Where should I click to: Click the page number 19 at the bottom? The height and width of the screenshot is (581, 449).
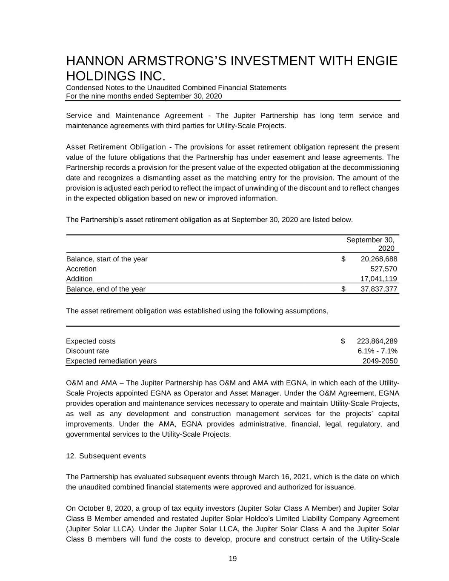click(232, 559)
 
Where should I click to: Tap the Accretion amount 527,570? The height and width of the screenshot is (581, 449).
click(384, 269)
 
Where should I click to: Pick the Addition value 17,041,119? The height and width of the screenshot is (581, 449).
click(379, 279)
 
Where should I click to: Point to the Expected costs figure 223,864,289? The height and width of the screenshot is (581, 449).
click(377, 341)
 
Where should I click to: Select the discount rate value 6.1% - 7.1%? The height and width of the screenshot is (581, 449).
click(378, 351)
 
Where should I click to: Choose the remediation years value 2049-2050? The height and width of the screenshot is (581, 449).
click(380, 361)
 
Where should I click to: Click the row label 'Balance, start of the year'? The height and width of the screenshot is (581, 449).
click(107, 259)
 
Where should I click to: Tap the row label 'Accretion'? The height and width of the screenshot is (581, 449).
click(81, 269)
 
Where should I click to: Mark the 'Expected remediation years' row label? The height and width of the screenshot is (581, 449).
click(111, 361)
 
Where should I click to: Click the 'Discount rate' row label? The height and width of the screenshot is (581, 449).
click(87, 351)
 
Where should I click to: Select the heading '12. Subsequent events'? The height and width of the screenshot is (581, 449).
click(106, 456)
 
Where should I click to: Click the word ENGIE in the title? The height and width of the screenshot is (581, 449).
click(377, 61)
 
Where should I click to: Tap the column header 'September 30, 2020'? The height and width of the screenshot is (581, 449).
click(370, 244)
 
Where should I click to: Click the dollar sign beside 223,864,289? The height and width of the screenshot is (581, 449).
click(343, 341)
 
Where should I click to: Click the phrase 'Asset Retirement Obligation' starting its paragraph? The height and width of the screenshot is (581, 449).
click(116, 147)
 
